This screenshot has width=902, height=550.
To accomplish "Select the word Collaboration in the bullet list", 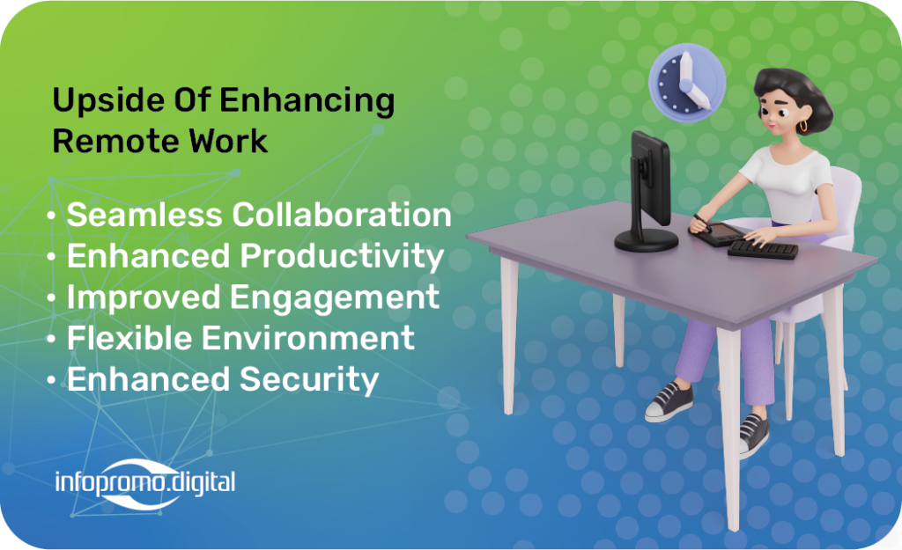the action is coord(342,215).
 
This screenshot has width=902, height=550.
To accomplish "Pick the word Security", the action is coord(309,380).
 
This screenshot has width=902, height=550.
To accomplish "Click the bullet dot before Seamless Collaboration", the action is coord(51,216).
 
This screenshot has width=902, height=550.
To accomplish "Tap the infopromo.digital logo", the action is coord(145,483).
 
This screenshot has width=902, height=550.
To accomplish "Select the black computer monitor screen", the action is coord(651,178).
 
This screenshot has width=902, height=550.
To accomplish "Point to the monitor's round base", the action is coord(646,240).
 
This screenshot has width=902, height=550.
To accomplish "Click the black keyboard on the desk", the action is coord(763,249).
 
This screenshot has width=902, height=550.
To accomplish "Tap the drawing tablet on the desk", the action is coord(717,234).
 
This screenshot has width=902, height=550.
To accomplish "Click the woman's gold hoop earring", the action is coord(803,126).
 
